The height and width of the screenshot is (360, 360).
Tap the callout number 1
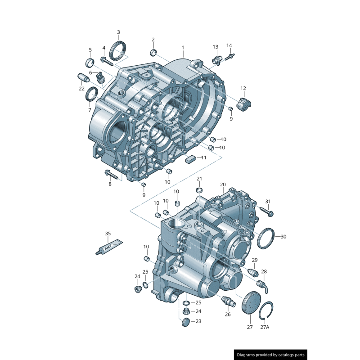183,47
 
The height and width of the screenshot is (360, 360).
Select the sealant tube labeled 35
110,246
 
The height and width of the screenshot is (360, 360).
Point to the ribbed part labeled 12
244,105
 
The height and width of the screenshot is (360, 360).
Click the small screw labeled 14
230,58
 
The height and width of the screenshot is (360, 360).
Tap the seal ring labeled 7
92,94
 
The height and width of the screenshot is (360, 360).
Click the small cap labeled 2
153,53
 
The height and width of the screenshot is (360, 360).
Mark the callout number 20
223,185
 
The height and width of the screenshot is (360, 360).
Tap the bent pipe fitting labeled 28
262,283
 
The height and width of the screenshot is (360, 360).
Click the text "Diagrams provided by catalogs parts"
271,355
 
